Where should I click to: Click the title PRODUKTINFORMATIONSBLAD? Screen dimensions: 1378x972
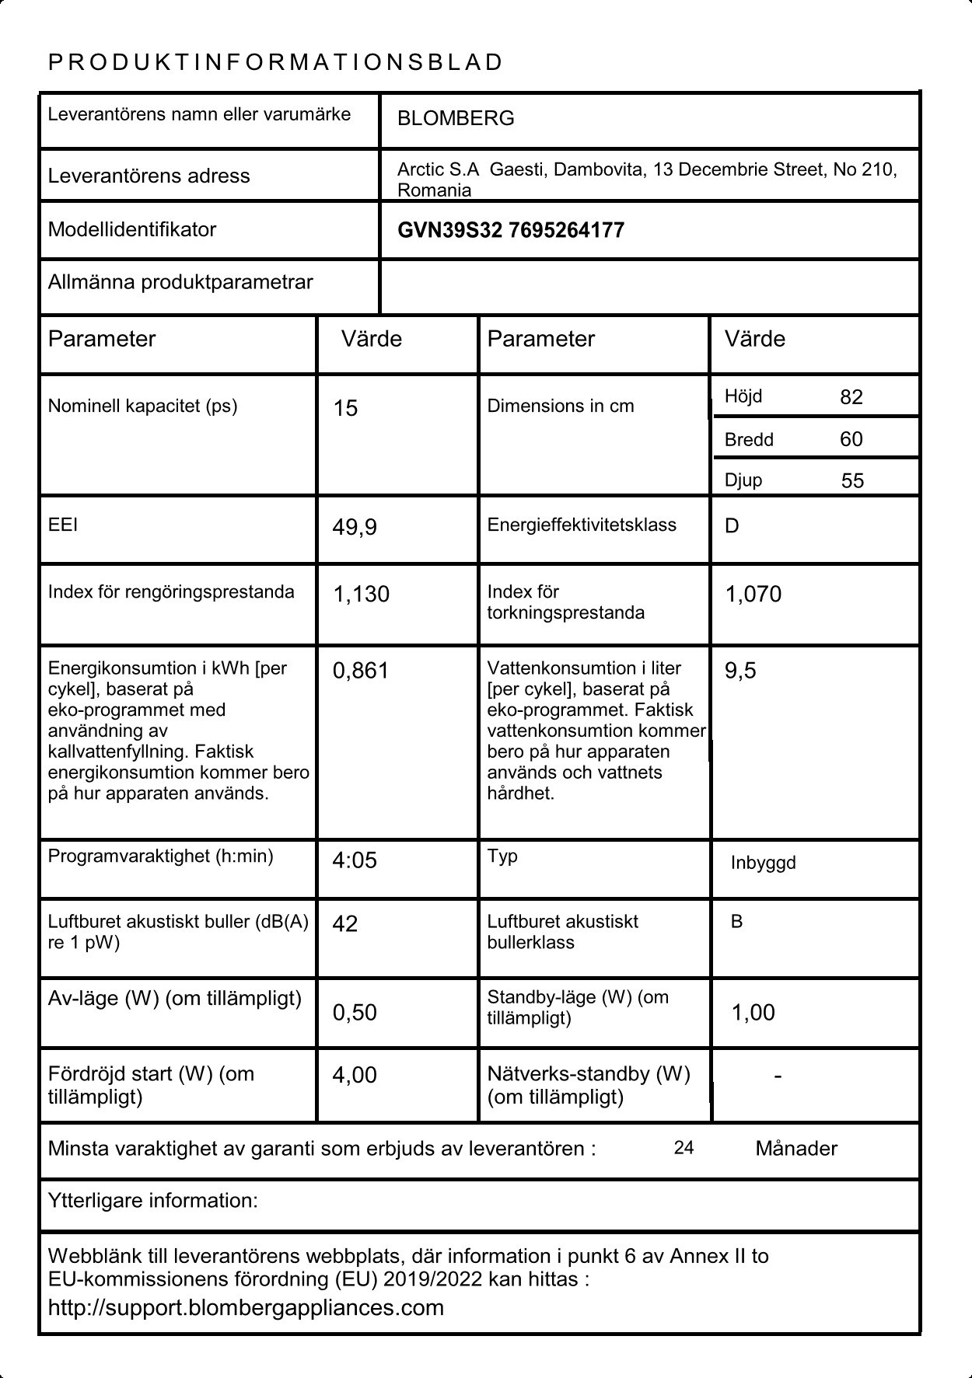point(276,63)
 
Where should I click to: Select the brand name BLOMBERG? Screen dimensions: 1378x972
point(456,119)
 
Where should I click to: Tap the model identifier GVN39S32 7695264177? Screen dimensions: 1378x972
point(510,231)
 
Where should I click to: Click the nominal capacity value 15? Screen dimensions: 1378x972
point(345,409)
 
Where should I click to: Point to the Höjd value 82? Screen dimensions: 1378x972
point(851,397)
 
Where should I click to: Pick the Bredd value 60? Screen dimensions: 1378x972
point(851,439)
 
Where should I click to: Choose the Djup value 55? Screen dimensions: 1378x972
point(852,481)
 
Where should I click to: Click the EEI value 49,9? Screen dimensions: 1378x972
point(355,528)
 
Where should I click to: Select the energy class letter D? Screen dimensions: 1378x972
point(732,526)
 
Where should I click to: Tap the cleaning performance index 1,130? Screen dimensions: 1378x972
point(361,595)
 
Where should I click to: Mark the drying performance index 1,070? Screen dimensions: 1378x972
point(753,595)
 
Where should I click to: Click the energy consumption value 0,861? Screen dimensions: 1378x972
point(360,671)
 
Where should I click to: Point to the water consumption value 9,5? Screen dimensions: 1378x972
point(740,671)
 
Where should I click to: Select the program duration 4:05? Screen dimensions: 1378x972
point(355,860)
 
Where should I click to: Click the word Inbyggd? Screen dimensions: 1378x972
point(763,863)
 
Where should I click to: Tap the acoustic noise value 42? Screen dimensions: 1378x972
point(345,923)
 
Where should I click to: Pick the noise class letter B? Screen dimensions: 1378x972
point(736,922)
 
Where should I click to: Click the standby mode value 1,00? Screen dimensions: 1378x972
point(753,1013)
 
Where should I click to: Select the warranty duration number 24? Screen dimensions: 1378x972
point(684,1148)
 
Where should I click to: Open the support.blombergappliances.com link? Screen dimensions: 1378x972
point(246,1308)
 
